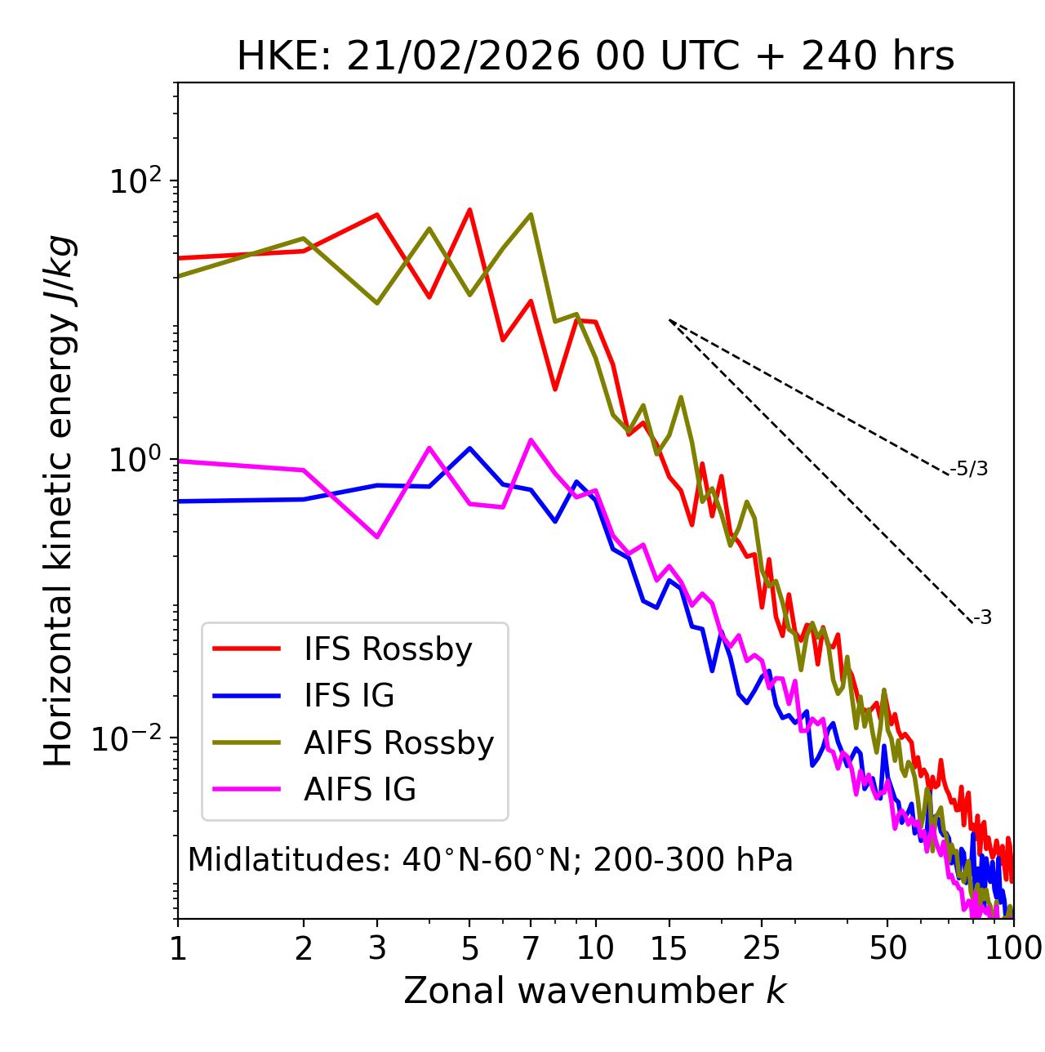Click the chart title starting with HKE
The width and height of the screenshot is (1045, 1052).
point(595,57)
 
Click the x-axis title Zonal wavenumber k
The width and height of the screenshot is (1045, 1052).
point(595,990)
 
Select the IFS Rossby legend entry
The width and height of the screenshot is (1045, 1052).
point(388,649)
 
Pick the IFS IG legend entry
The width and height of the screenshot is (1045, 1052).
point(349,696)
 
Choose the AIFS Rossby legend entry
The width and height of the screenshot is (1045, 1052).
point(398,742)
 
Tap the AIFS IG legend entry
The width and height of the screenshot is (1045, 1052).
point(360,790)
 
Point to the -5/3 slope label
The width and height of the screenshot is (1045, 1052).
point(969,469)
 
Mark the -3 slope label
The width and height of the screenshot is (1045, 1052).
point(982,618)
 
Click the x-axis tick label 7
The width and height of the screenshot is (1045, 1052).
point(531,948)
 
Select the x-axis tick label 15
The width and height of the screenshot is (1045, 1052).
point(669,948)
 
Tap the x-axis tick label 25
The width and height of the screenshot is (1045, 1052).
point(762,948)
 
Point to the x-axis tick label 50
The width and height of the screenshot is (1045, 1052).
point(887,948)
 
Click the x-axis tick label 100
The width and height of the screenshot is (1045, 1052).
point(1013,948)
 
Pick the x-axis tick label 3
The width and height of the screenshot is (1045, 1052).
point(377,948)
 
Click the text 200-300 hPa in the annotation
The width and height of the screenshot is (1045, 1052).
point(693,860)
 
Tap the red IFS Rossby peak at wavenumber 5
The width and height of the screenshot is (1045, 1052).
point(469,210)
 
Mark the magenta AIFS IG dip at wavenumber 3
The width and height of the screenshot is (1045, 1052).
point(377,537)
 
